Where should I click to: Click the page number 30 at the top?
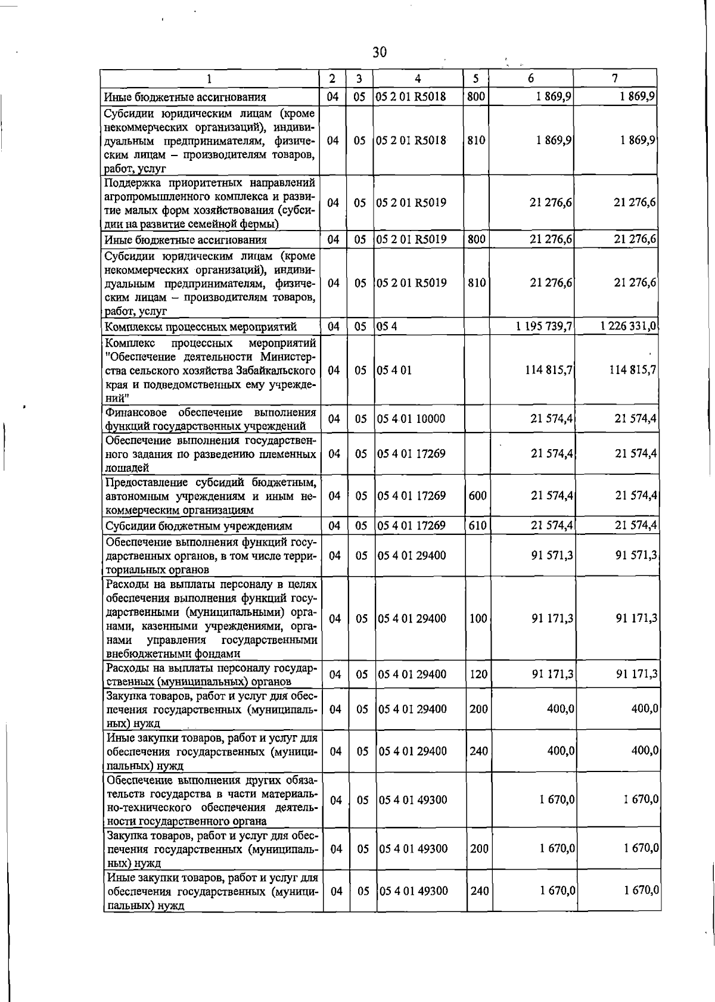380,52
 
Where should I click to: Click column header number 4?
418,79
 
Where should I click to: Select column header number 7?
614,79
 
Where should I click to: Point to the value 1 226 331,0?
628,326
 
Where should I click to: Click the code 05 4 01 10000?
411,419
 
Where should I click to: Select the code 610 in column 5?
477,525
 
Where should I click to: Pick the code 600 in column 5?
477,495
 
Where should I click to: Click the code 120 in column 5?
478,674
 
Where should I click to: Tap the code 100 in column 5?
478,618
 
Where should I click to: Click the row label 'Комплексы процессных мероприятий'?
200,326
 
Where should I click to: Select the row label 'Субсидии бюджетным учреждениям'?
199,526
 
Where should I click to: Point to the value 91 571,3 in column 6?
552,555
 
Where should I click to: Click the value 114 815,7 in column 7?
632,370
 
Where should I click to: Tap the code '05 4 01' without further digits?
394,370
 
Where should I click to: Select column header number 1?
209,79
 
